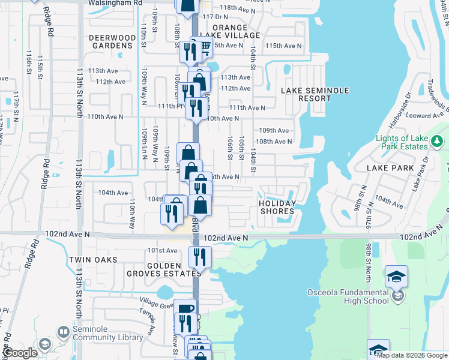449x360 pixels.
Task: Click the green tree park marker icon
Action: [438, 142]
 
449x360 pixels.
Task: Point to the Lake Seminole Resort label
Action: [315, 94]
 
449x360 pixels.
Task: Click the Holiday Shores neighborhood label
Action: [277, 207]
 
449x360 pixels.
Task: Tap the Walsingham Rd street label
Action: [115, 2]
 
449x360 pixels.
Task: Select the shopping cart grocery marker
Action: [205, 46]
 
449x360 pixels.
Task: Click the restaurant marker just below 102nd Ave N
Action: [200, 256]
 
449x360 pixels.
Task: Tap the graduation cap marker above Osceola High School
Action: [396, 276]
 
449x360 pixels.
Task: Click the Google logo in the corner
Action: [20, 353]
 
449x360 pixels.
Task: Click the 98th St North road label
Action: [368, 263]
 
